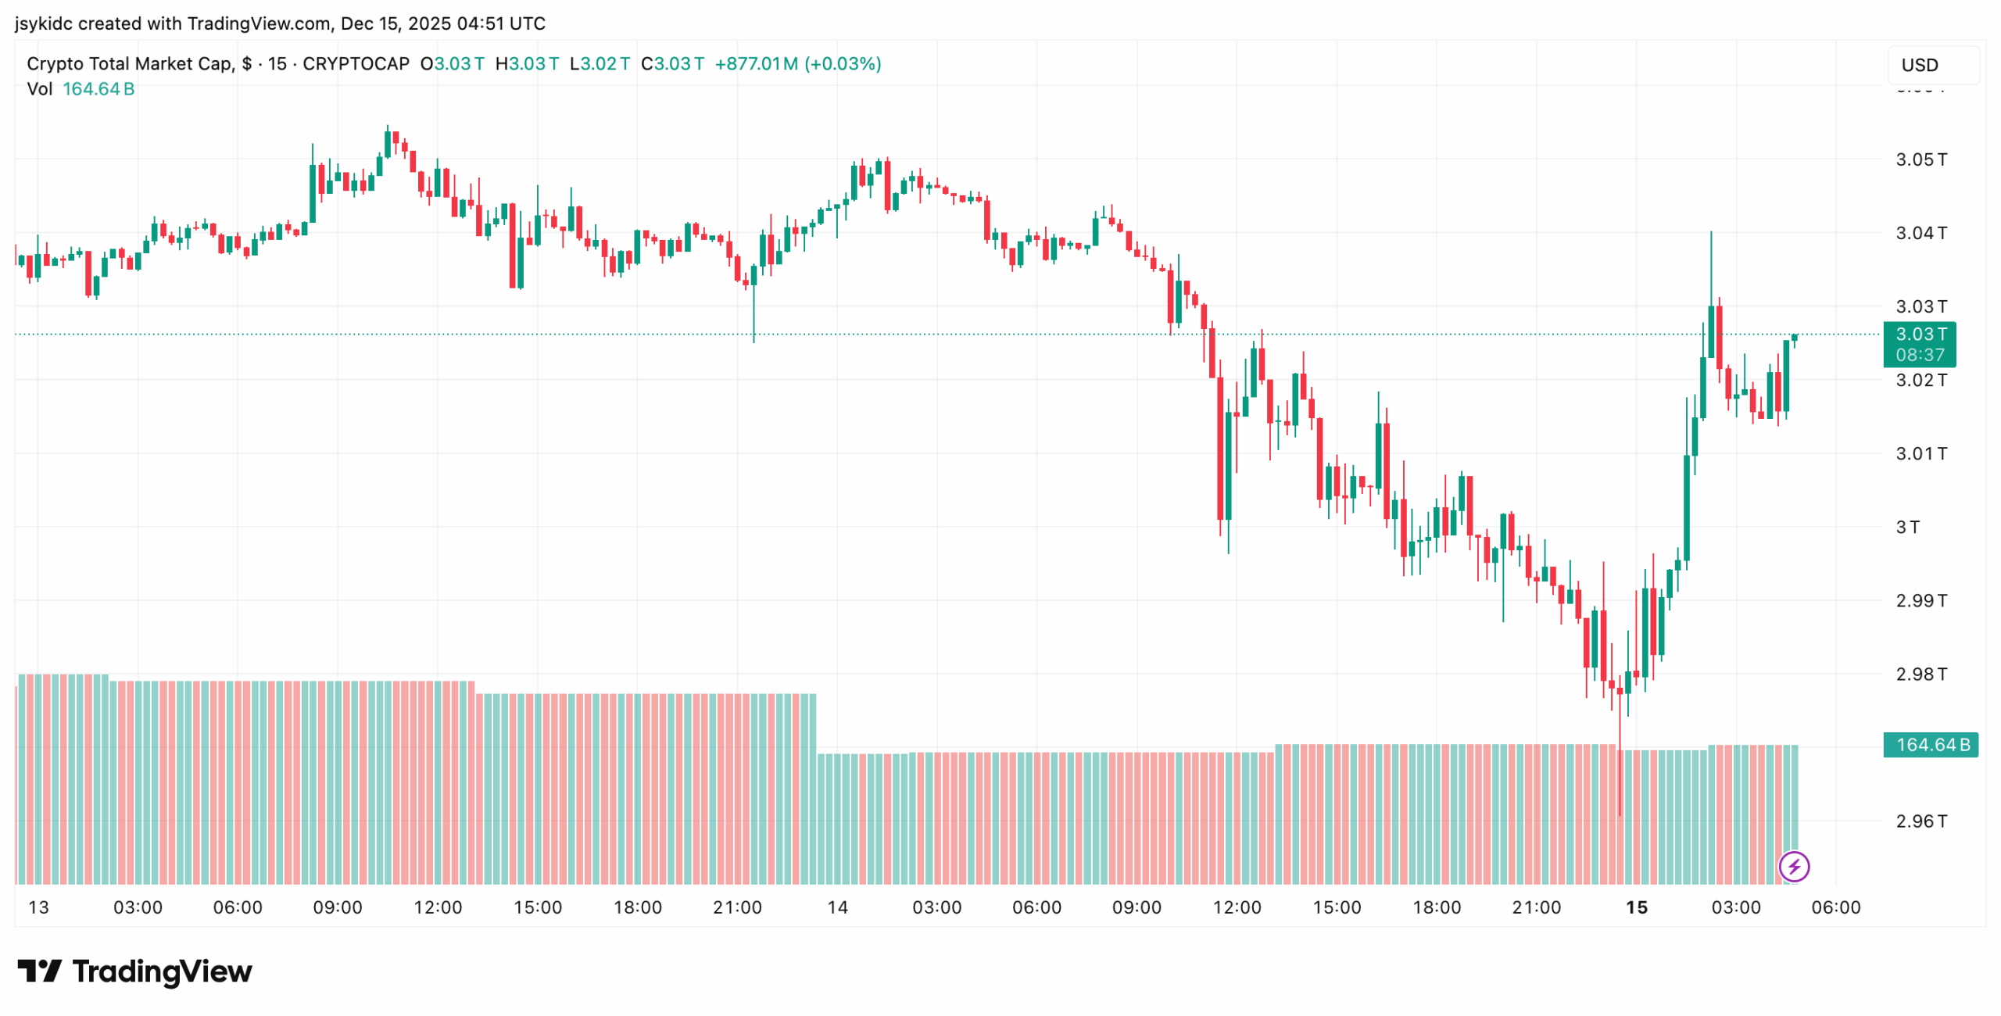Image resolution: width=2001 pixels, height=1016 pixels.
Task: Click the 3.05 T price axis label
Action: click(1920, 160)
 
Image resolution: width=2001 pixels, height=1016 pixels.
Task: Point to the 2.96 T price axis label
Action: click(1920, 821)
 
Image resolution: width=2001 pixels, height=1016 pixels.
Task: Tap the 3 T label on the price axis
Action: click(1907, 528)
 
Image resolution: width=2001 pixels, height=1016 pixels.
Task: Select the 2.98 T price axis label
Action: click(1920, 674)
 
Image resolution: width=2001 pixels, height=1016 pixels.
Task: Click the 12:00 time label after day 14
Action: click(1237, 908)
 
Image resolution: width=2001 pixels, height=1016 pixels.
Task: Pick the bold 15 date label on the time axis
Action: click(1636, 908)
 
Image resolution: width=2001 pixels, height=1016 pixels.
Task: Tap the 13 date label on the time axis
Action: click(38, 908)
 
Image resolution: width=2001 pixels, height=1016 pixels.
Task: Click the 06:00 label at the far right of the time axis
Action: click(1835, 908)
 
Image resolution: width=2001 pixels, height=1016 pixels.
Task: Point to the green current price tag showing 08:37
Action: click(1919, 345)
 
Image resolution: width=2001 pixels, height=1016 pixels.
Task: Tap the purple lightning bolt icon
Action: click(1793, 867)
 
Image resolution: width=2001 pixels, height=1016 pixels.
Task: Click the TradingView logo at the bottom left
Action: click(134, 971)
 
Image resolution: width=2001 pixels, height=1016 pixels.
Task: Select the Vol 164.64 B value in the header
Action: click(98, 89)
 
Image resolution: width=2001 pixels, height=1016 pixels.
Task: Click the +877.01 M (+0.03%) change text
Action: click(797, 64)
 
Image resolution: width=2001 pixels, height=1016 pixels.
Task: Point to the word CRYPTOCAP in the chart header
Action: click(356, 64)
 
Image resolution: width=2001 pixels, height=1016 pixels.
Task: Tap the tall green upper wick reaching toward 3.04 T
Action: click(1710, 266)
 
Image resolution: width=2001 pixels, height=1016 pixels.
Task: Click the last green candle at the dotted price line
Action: click(1795, 338)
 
